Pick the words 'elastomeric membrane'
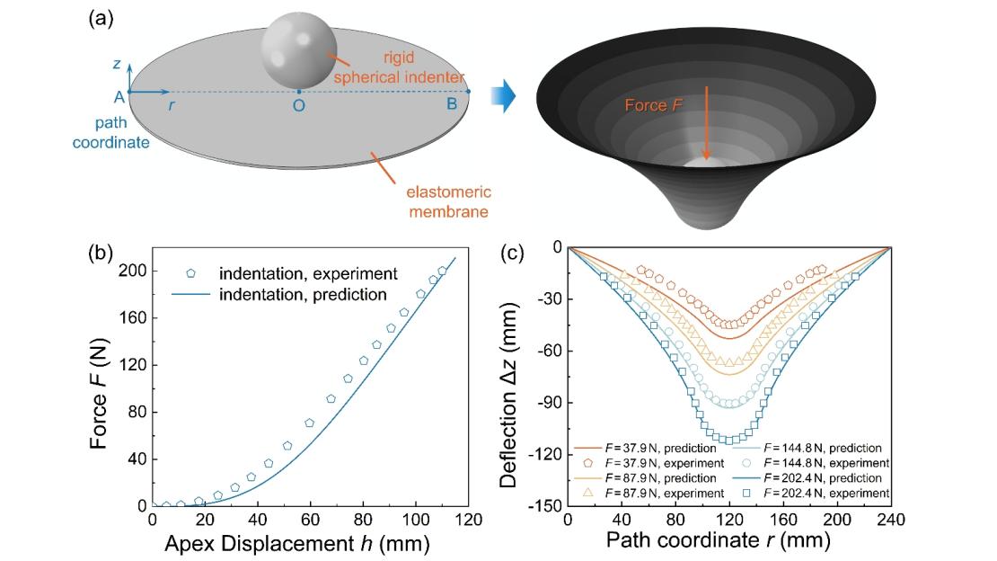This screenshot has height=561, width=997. coord(437,200)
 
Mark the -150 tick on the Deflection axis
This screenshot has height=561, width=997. coord(542,506)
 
